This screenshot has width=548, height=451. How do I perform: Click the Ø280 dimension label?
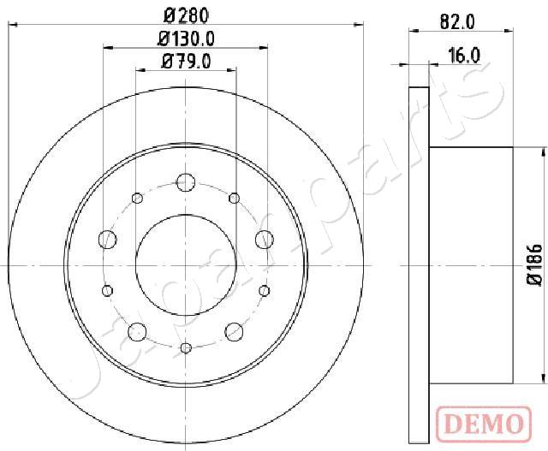click(185, 15)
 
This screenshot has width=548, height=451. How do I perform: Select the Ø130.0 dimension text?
click(186, 39)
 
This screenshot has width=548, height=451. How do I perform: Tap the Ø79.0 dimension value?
click(186, 61)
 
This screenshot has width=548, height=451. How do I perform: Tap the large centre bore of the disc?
click(186, 264)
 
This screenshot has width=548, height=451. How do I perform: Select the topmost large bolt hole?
click(186, 181)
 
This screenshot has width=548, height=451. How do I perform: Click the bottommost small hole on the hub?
click(186, 347)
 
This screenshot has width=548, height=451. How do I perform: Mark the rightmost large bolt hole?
click(264, 238)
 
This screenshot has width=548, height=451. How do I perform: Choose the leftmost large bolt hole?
click(108, 238)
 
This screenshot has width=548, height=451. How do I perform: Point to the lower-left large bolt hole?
click(137, 331)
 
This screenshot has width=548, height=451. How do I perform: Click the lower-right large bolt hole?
click(235, 331)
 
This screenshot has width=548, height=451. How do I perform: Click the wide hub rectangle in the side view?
click(470, 265)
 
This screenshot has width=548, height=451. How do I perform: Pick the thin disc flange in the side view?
click(419, 265)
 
